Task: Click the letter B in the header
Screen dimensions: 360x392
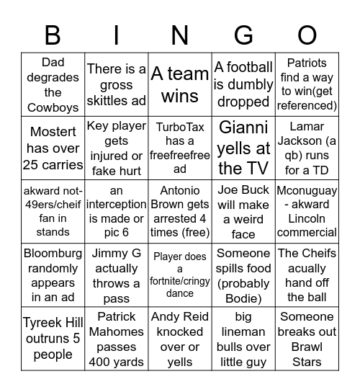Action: coord(53,34)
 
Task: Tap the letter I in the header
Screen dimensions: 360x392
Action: coord(116,34)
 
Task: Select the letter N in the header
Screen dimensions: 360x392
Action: coord(179,34)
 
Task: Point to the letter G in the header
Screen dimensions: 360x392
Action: coord(243,34)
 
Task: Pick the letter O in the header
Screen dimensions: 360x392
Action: coord(307,34)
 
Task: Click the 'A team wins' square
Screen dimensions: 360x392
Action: coord(180,84)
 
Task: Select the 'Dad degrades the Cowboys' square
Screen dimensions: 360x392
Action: coord(53,84)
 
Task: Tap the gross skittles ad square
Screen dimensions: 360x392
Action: coord(116,84)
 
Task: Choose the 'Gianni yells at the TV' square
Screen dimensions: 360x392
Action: coord(243,148)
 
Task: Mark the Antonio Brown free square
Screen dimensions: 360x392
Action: coord(180,212)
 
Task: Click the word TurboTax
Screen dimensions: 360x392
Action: coord(180,127)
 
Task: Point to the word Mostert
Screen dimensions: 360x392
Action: coord(53,133)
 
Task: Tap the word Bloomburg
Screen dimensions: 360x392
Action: coord(53,254)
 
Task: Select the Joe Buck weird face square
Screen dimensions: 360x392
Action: coord(243,212)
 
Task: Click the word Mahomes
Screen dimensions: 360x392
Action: coord(116,332)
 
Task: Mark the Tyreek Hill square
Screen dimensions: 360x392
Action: coord(53,339)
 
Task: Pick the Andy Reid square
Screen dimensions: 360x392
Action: coord(180,339)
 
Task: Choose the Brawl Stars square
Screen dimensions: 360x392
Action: coord(307,339)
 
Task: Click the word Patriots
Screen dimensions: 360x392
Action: coord(307,63)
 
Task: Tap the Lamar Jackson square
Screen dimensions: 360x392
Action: coord(307,148)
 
